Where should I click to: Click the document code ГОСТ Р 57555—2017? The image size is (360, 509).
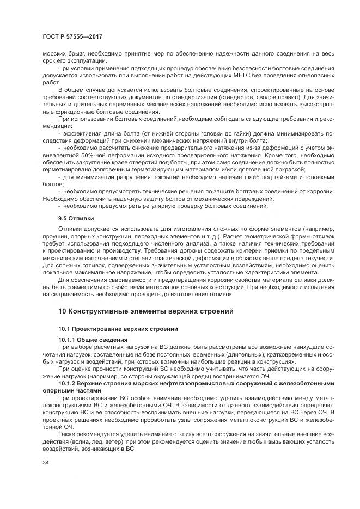(72, 36)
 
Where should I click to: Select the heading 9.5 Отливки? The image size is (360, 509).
(77, 218)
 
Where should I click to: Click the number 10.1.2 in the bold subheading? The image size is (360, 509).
(68, 383)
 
